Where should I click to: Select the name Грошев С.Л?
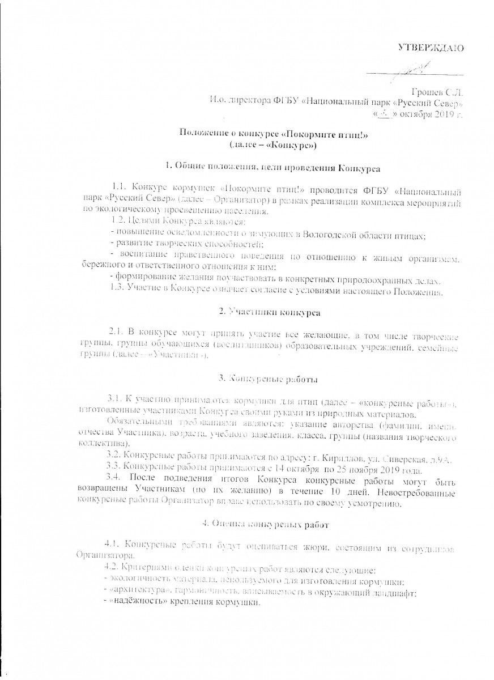(x=439, y=92)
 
